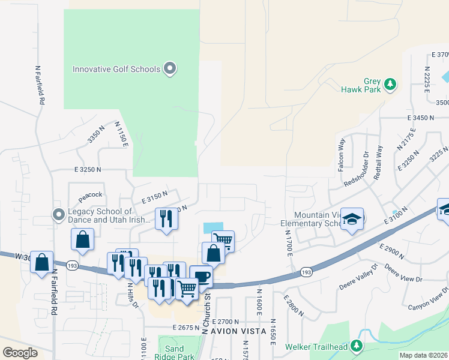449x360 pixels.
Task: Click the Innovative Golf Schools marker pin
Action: click(170, 68)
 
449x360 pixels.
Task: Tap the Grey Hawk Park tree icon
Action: click(390, 84)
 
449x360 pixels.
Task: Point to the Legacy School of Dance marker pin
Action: click(58, 215)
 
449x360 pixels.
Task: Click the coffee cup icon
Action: click(201, 277)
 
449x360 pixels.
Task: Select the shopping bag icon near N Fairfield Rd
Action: click(41, 262)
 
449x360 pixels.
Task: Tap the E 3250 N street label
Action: click(88, 170)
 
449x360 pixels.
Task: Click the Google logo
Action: click(20, 353)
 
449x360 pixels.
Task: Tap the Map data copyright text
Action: click(423, 355)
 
